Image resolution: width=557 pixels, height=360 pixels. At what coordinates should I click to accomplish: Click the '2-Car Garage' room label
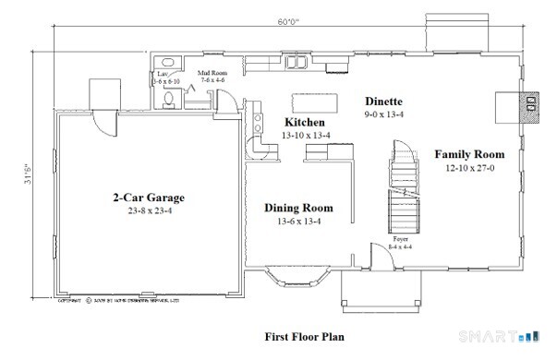pos(149,198)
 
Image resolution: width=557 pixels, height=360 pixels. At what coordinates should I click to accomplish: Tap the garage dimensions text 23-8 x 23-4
pos(149,210)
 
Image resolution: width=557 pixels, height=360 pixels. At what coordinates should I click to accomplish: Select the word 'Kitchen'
pos(304,123)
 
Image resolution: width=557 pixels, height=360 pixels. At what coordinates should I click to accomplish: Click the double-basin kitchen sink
pos(299,64)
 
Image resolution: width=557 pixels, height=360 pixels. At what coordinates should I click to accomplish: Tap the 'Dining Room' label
pos(298,208)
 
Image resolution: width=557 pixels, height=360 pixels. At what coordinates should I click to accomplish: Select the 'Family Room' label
pos(469,154)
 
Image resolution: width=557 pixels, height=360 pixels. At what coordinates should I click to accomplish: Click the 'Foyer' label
pos(376,238)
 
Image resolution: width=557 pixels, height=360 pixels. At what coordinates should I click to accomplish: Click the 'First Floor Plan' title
pos(304,337)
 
